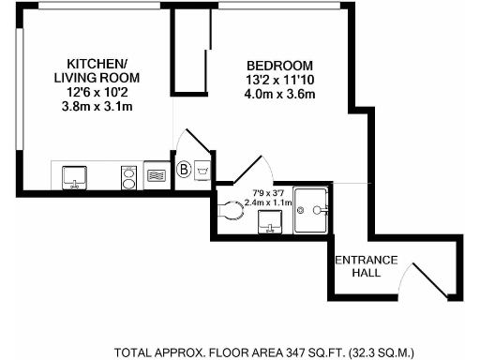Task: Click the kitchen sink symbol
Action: (x=73, y=175)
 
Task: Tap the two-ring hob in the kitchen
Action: (x=128, y=175)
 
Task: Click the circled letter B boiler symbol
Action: (x=184, y=171)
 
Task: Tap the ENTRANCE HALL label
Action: (x=368, y=266)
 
